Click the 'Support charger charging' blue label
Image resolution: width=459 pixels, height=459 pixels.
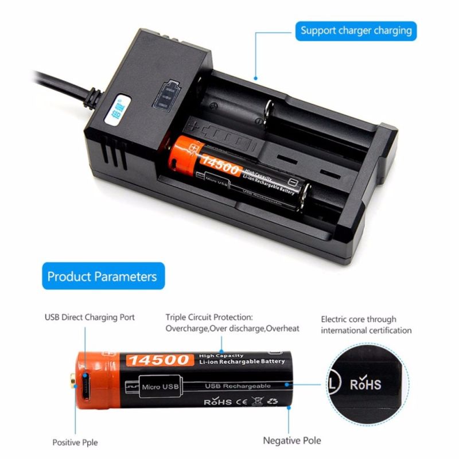point(356,30)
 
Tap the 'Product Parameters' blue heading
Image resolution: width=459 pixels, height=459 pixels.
point(102,277)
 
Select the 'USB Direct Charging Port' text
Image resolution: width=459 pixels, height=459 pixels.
point(90,317)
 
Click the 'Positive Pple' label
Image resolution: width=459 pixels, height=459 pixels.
point(75,442)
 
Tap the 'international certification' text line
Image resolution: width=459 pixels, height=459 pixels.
point(366,330)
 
